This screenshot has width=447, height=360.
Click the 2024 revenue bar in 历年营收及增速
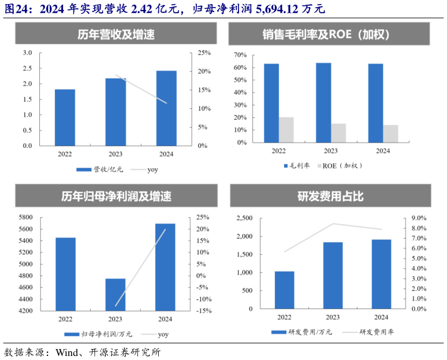[166, 108]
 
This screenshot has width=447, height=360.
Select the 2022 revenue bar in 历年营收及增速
[65, 117]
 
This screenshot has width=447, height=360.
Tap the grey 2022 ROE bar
[286, 129]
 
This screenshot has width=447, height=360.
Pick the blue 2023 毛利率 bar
[323, 102]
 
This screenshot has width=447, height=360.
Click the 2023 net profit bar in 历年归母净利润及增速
[115, 295]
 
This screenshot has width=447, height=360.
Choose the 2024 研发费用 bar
[381, 274]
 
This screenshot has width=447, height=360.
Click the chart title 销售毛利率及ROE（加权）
[330, 35]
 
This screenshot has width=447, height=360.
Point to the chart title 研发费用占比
[330, 196]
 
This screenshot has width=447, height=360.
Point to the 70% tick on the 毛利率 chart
[240, 55]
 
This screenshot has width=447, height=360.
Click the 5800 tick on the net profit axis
[25, 217]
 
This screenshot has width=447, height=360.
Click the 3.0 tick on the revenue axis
[27, 53]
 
